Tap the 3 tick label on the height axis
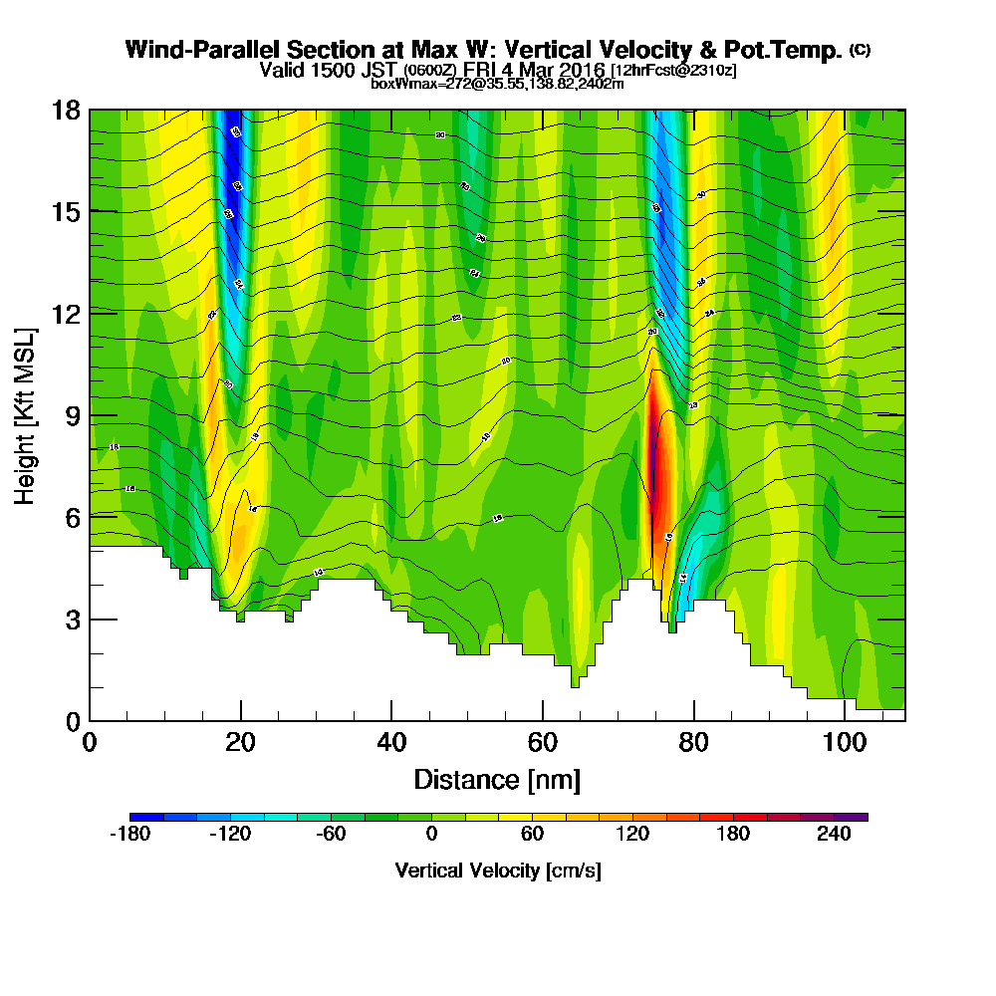click(73, 619)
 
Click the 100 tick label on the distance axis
click(844, 743)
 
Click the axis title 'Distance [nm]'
click(497, 779)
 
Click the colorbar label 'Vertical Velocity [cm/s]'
click(497, 871)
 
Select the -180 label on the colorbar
click(129, 835)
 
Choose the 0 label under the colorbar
click(432, 835)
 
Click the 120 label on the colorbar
click(633, 835)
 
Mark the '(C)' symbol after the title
click(860, 49)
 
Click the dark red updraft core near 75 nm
click(655, 468)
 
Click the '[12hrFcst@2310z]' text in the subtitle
click(673, 71)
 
